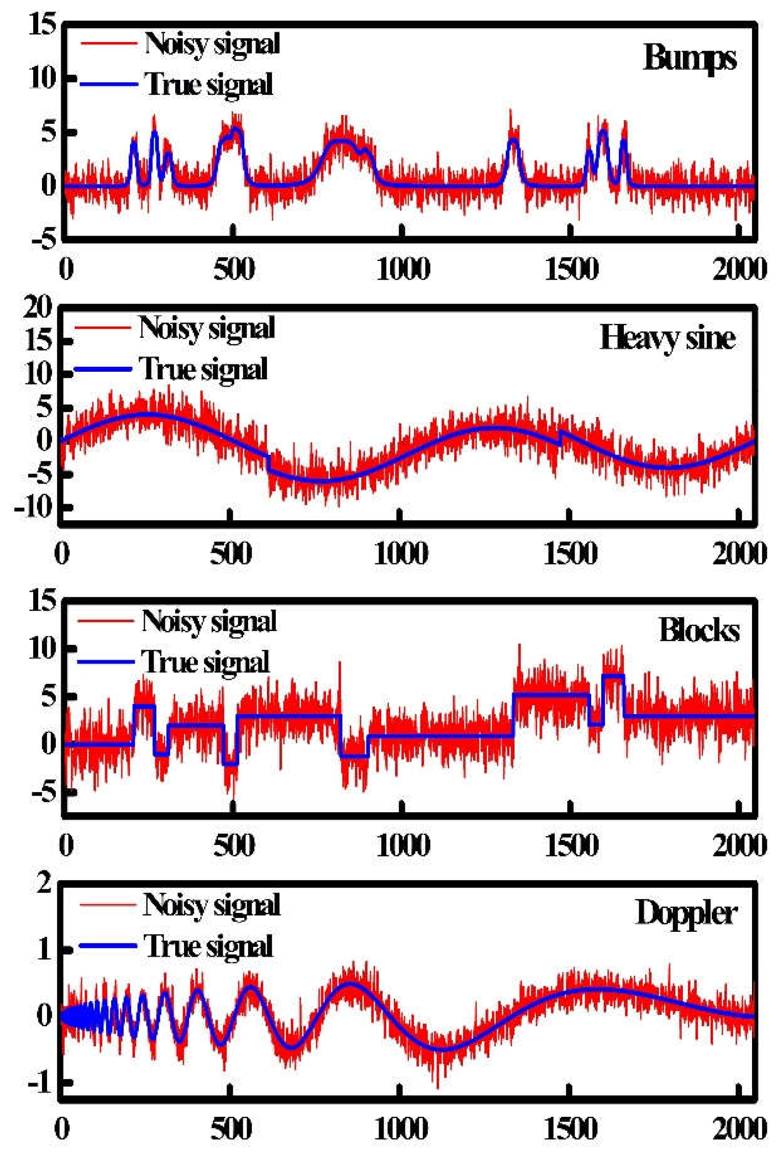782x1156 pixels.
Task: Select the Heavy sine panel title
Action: coord(667,339)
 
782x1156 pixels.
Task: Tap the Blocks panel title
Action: coord(699,631)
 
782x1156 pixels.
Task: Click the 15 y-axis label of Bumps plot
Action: coord(42,25)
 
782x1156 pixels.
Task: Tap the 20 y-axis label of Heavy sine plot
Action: coord(38,309)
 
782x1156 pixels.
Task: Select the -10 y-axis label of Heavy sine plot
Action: coord(34,507)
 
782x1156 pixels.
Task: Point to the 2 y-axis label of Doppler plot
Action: coord(44,884)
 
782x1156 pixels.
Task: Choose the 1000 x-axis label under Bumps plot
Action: coord(403,269)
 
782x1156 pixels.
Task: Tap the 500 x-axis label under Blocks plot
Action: coord(234,845)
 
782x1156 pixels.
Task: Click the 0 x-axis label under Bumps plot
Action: coord(66,269)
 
